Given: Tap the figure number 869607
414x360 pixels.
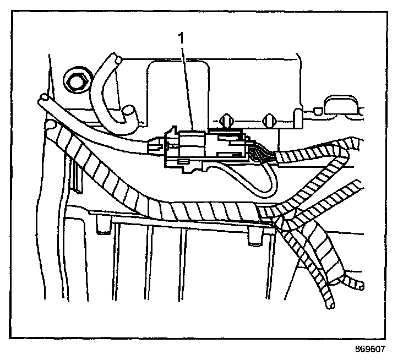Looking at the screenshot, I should (x=371, y=349).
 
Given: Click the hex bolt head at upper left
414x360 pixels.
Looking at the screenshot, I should (x=75, y=80).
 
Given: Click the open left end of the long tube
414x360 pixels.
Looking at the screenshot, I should (x=42, y=101).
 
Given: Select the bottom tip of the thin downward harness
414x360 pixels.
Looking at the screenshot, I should (x=330, y=302).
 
